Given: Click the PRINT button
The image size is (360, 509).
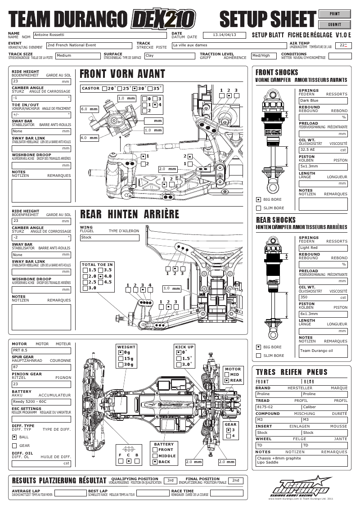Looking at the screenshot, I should click(x=334, y=14).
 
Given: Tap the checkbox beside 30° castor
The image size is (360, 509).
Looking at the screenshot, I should click(x=135, y=89).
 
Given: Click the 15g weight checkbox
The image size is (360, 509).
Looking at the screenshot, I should click(x=120, y=359).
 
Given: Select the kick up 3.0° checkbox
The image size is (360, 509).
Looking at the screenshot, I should click(x=179, y=365).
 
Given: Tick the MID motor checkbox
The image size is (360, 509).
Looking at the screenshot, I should click(x=226, y=374).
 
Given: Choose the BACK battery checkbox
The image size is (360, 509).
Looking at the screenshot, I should click(x=155, y=462).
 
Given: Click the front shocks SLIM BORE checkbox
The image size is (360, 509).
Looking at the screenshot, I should click(x=258, y=208).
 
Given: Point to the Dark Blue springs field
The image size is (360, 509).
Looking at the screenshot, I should click(x=323, y=100).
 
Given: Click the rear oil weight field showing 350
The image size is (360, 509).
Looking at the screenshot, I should click(x=323, y=297).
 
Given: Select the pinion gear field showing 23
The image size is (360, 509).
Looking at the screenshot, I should click(x=41, y=384).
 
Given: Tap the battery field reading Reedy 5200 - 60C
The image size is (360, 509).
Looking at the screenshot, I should click(x=41, y=401).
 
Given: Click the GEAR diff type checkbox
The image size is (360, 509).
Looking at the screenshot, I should click(x=14, y=446).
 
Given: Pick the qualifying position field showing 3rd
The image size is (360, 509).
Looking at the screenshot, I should click(x=171, y=481).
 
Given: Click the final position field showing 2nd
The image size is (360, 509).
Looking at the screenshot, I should click(x=235, y=481).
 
